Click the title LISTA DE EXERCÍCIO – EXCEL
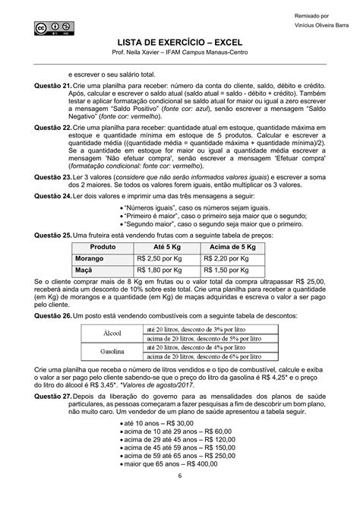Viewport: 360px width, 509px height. [180, 46]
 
